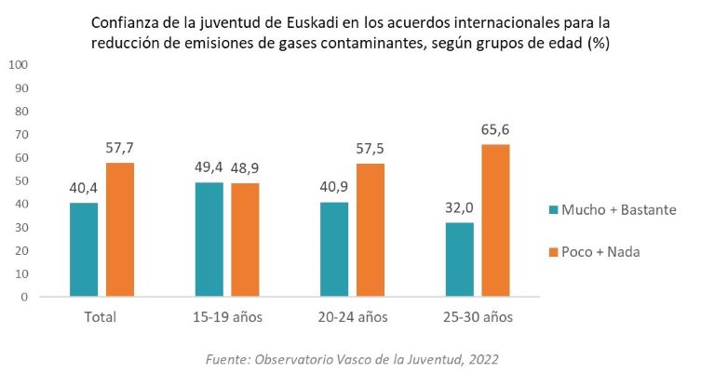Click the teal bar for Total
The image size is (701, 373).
(83, 249)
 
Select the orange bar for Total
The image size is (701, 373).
(119, 230)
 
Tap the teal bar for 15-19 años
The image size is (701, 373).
(208, 239)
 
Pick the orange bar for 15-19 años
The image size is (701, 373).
(245, 240)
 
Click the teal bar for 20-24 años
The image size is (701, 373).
(332, 249)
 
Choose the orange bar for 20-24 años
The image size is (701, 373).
(370, 230)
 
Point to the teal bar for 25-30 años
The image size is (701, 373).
(458, 260)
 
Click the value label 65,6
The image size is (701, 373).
(494, 130)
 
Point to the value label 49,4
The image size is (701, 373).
(208, 168)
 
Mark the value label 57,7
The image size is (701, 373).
(119, 149)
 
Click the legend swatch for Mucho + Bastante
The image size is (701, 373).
(550, 210)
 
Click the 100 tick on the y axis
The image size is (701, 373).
(18, 64)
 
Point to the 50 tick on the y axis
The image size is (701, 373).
(20, 180)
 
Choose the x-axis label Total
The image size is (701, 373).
(101, 317)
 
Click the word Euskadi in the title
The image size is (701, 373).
(289, 20)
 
